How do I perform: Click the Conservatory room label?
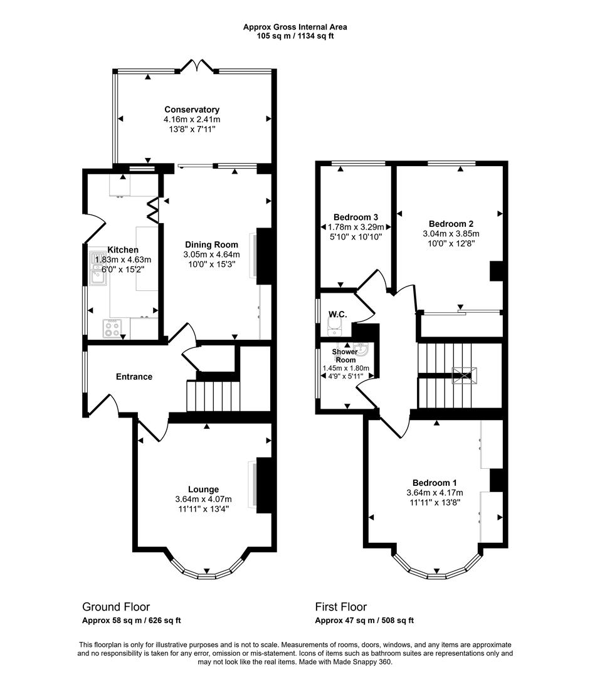click(x=192, y=109)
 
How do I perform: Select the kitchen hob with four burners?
click(x=112, y=328)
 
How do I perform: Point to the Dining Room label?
click(x=211, y=244)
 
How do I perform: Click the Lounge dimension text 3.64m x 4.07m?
click(x=204, y=500)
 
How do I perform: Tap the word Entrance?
click(x=134, y=377)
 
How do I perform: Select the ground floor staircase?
click(x=213, y=395)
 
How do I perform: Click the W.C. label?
click(x=337, y=313)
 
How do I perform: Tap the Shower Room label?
click(x=345, y=356)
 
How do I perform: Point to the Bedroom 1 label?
click(x=437, y=483)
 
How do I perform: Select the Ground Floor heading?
click(x=116, y=607)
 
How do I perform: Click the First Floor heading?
click(x=340, y=607)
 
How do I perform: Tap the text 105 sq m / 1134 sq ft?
click(x=295, y=36)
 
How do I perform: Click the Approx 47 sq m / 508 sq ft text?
click(x=364, y=621)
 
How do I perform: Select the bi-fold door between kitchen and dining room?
click(x=152, y=211)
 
